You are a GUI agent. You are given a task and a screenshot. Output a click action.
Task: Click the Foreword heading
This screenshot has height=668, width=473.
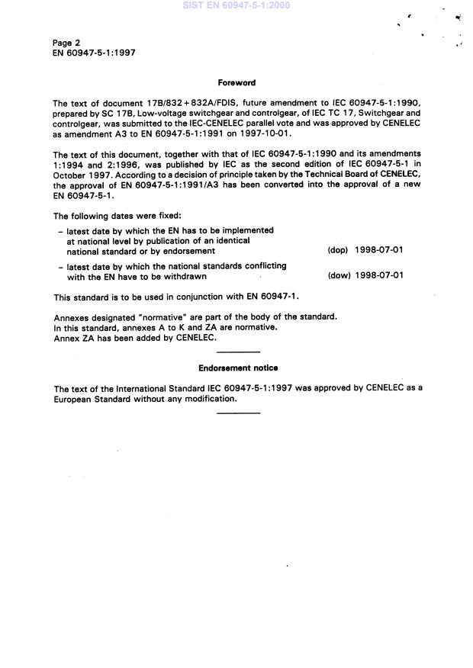pos(236,82)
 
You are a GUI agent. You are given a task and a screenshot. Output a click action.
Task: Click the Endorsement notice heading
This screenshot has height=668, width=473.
pos(238,368)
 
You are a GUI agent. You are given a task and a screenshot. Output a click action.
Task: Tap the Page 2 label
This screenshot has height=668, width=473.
pos(66,43)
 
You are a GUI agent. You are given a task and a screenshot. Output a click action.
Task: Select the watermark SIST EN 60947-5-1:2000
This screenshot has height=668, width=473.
pos(236,5)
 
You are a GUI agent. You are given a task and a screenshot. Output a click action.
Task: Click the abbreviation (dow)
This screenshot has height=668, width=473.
pos(339,276)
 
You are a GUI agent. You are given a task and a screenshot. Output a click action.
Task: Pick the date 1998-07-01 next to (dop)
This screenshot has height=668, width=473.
pos(379,250)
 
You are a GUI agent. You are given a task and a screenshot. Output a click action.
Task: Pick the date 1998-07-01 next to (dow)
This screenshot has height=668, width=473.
pos(379,276)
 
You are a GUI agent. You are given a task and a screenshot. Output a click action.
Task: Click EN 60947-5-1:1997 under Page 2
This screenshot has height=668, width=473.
pos(95,53)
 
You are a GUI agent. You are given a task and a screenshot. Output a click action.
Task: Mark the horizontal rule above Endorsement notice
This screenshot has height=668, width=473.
pos(238,352)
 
